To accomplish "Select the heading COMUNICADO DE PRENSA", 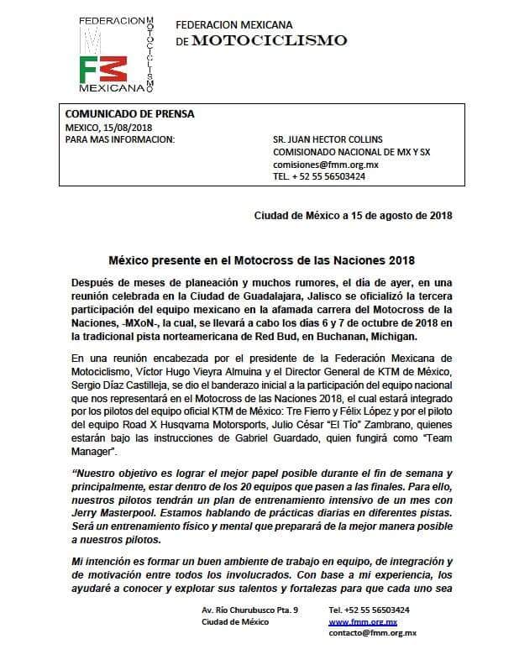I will click(x=118, y=114).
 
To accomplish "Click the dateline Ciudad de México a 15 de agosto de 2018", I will click(x=353, y=215).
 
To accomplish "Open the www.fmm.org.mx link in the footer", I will click(x=361, y=621).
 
